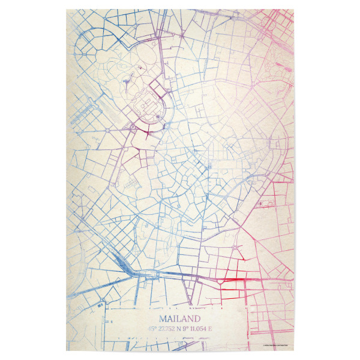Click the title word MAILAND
pos(179,318)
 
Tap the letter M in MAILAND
pos(164,318)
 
